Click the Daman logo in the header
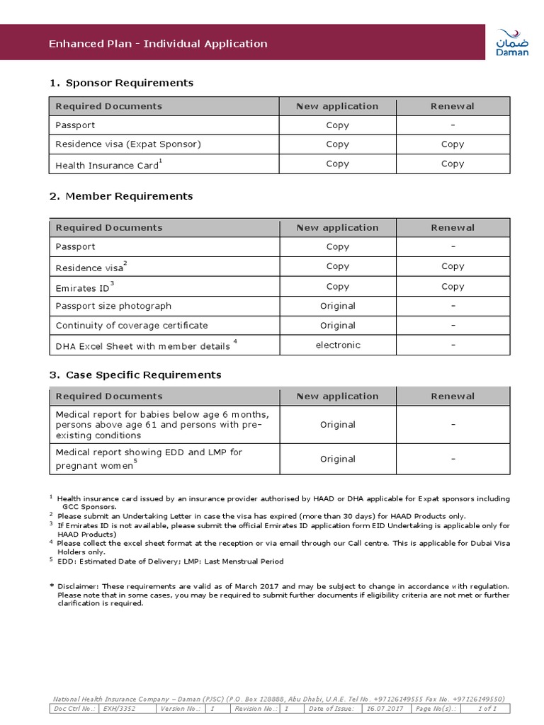pos(511,42)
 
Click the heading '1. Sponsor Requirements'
pos(121,83)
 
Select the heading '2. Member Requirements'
pos(121,196)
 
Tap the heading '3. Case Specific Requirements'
pos(135,375)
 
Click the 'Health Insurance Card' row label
pos(106,166)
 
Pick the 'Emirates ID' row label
pos(82,288)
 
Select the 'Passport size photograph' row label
pos(113,306)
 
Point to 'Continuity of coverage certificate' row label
pos(132,326)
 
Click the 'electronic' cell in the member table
pos(338,345)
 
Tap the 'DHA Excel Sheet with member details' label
pos(142,346)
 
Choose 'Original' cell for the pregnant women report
pos(338,459)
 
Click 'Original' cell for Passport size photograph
pos(338,306)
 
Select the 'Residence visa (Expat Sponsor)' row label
pos(128,144)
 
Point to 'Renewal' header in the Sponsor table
pos(453,106)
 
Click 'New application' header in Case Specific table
pos(338,396)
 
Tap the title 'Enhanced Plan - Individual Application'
pos(158,44)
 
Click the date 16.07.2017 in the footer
pos(385,708)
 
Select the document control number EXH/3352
pos(119,708)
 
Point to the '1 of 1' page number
pos(487,708)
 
